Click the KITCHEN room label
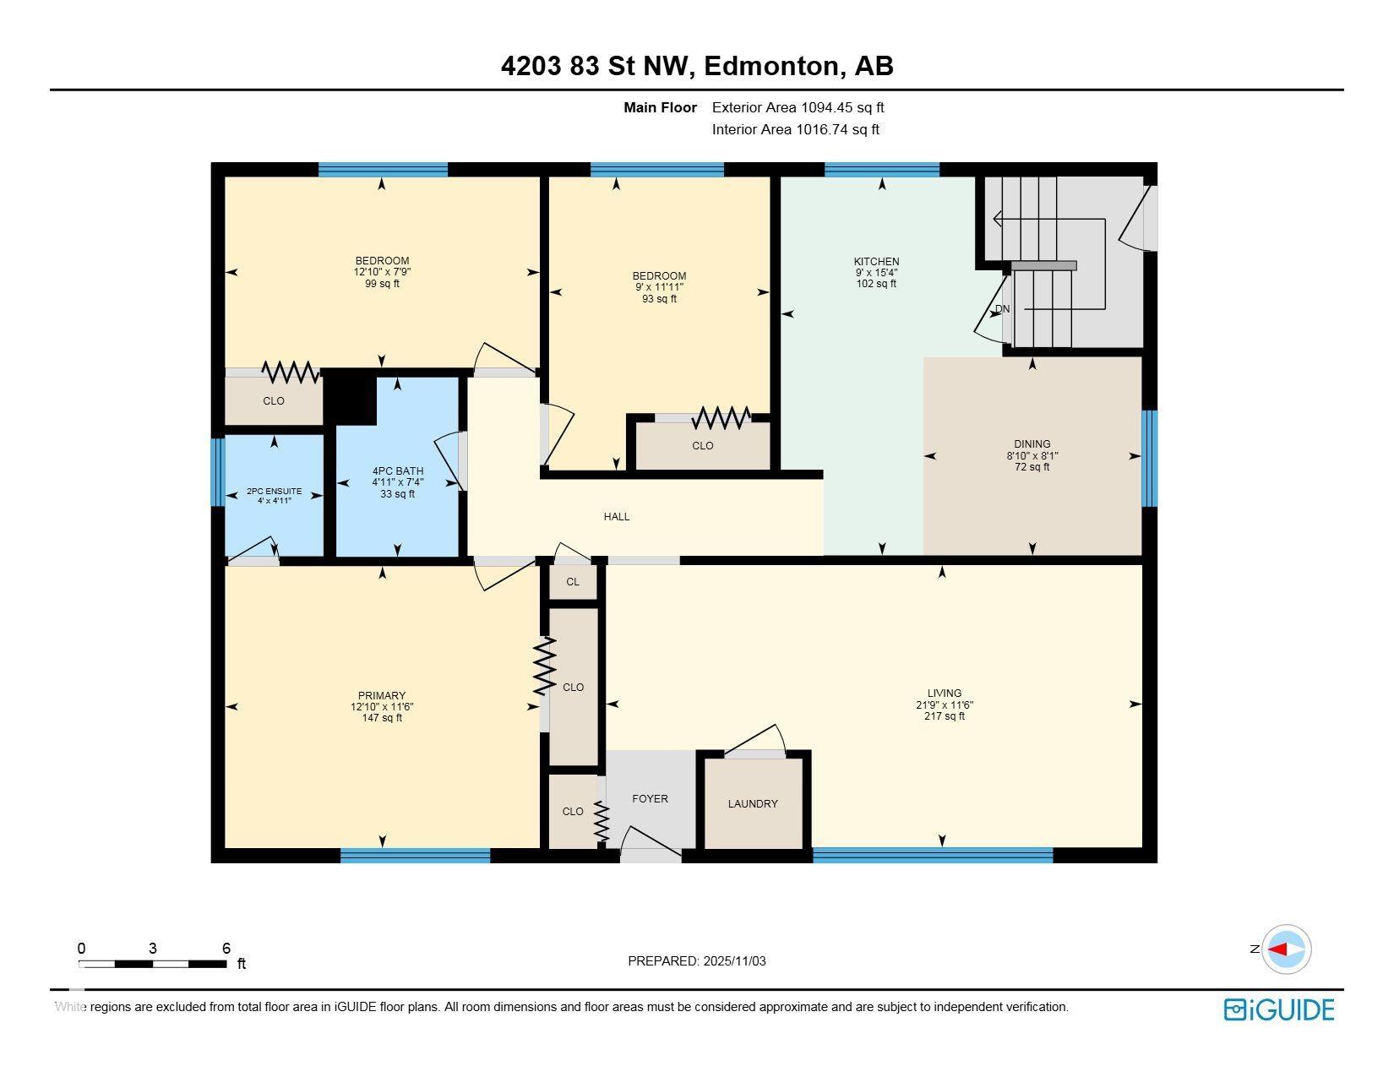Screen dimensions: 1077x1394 click(876, 262)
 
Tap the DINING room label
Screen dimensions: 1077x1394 click(1032, 444)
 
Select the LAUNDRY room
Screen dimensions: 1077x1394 click(753, 803)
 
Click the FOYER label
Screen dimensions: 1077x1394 click(650, 798)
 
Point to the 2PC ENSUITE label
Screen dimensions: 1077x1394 click(274, 491)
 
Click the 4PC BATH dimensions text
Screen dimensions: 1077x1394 click(397, 482)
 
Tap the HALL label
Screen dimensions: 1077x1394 click(617, 516)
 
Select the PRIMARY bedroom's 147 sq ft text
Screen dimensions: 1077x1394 click(382, 718)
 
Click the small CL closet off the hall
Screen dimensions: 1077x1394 click(573, 581)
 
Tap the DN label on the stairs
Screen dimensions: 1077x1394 click(1002, 309)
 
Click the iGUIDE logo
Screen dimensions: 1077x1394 click(1278, 1009)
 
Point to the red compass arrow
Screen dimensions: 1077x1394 click(1278, 949)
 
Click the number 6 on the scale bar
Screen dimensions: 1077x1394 click(226, 948)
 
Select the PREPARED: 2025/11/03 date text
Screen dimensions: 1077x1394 click(696, 960)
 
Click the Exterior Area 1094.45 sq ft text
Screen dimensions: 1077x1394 click(798, 107)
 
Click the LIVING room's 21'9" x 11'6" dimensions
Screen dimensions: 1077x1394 click(944, 704)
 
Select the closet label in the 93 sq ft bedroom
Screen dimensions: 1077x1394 click(702, 445)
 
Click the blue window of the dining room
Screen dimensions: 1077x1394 click(1149, 458)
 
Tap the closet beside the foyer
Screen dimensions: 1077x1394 click(573, 811)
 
